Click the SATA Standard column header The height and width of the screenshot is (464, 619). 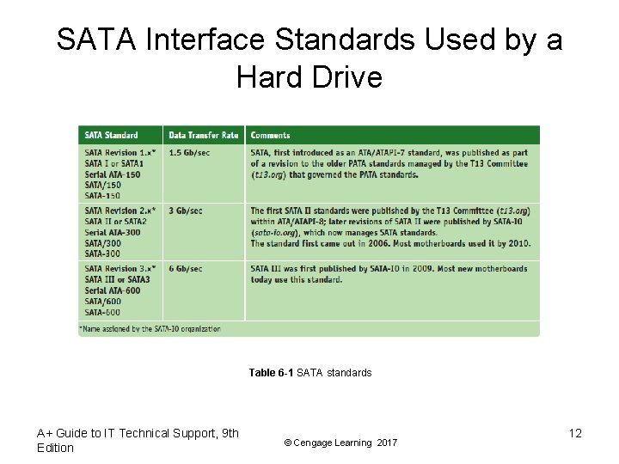coord(111,135)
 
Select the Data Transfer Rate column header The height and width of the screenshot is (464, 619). coord(203,135)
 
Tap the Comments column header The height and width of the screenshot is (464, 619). coord(270,135)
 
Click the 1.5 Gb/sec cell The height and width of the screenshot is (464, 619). coord(189,153)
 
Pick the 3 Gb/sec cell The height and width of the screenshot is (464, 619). coord(185,211)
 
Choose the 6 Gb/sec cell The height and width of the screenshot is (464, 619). coord(185,269)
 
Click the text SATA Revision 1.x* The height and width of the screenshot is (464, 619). coord(120,153)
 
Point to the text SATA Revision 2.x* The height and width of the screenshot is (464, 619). coord(120,211)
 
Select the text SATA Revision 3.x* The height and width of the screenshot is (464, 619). coord(120,269)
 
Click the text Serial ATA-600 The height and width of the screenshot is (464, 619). coord(113,290)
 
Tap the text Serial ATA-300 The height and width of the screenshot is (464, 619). coord(113,232)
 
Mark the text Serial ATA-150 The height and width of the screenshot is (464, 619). coord(113,174)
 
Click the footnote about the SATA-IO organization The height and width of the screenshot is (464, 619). coord(151,328)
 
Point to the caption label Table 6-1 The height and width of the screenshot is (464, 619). coord(271,372)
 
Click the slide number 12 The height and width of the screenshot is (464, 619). coord(575,433)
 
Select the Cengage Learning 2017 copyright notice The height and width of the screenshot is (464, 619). coord(340,443)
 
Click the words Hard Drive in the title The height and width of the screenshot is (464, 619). coord(309,78)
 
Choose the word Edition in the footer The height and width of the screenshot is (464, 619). coord(55,448)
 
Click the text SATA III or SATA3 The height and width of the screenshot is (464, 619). coord(117,279)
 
